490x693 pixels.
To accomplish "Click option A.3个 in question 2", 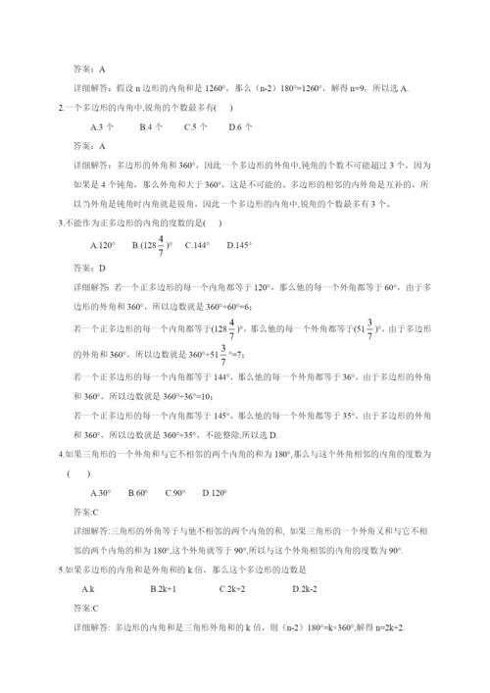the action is coord(102,126).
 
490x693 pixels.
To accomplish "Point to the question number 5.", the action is coord(62,569).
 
